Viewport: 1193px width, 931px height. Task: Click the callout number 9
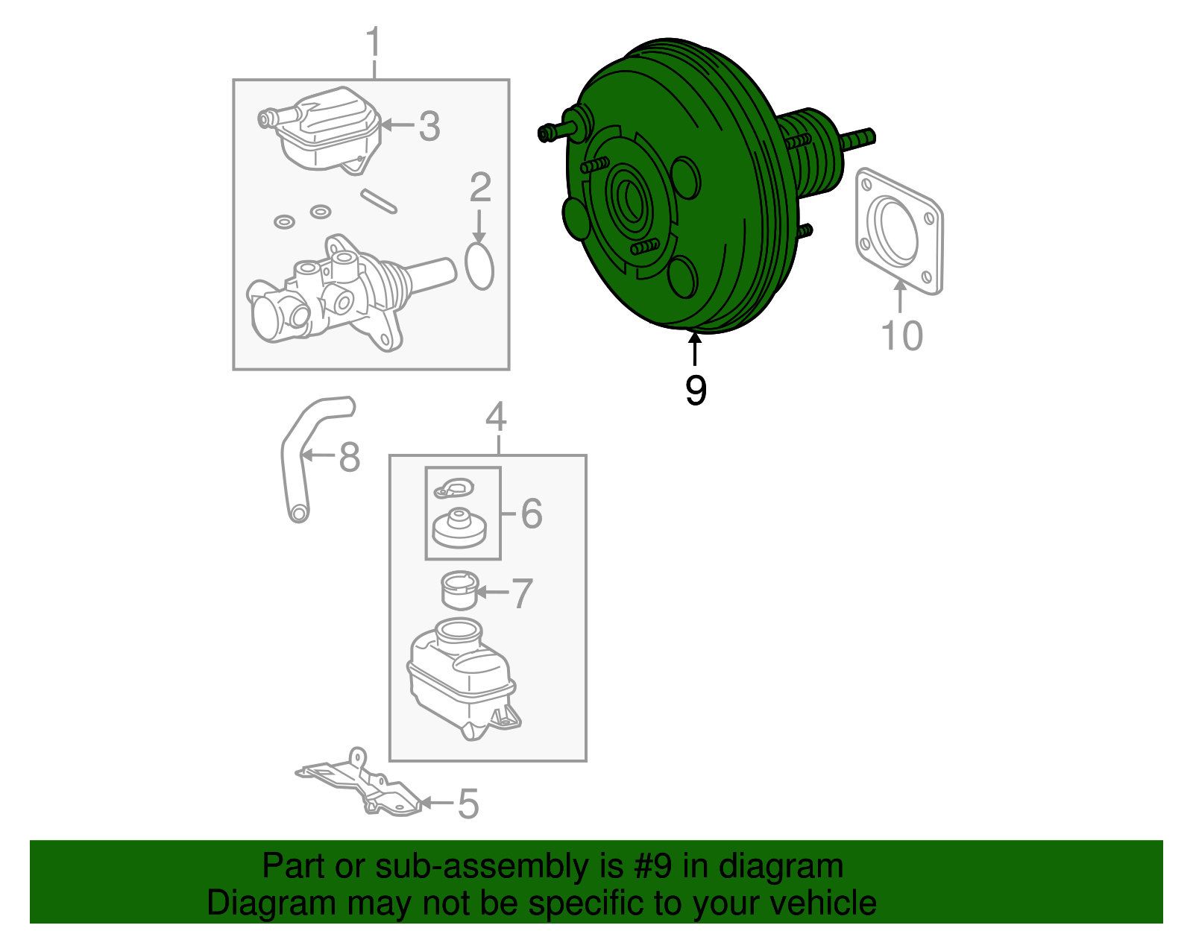(696, 390)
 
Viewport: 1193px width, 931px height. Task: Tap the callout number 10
(901, 335)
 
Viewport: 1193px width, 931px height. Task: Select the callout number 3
(429, 126)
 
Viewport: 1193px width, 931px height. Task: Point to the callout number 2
(480, 187)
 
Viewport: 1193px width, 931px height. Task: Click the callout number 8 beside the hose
(350, 456)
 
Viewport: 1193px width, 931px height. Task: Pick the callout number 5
(468, 805)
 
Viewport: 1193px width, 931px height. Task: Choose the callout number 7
(521, 593)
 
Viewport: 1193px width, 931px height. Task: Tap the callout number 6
(531, 514)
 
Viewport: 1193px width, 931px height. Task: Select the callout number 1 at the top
(374, 42)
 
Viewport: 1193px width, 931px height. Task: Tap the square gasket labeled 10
(899, 232)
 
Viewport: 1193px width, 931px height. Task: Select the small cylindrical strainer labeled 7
(460, 591)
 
